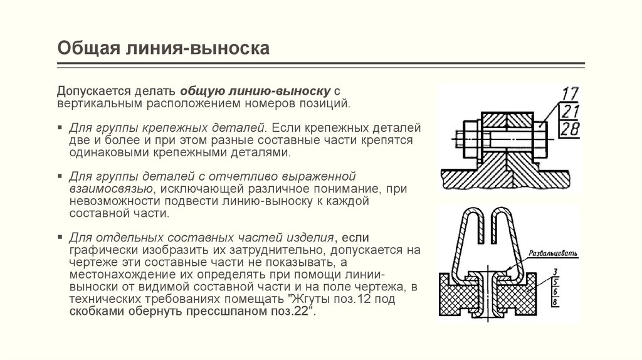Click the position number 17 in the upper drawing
pos(569,96)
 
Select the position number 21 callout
pos(569,113)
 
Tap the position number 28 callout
pos(569,129)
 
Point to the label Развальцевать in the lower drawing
pos(551,253)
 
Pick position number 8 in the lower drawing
pos(555,303)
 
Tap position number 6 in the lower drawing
pos(555,293)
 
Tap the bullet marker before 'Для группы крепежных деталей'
pos(62,126)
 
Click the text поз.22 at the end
pos(297,311)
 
